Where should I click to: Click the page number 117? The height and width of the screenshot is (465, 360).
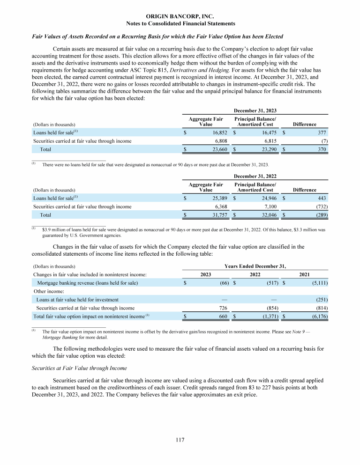click(180, 440)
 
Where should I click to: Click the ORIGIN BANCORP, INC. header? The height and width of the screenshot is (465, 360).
click(180, 16)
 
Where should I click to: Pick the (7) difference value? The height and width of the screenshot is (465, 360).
click(323, 141)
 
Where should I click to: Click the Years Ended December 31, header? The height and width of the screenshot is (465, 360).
click(255, 266)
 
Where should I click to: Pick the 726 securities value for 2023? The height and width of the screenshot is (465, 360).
click(224, 308)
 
